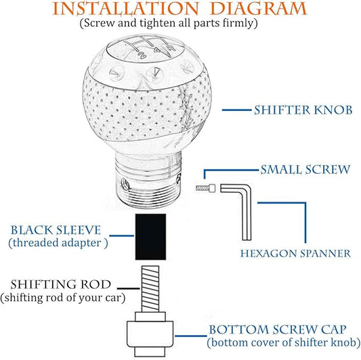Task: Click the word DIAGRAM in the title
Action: click(x=259, y=9)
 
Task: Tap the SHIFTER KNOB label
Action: click(x=303, y=110)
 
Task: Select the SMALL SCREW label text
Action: click(x=305, y=170)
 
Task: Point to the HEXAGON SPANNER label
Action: click(x=295, y=254)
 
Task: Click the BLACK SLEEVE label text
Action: click(x=56, y=230)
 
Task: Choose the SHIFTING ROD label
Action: click(x=61, y=284)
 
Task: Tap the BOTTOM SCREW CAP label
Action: click(x=278, y=330)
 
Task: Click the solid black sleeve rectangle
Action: click(x=150, y=237)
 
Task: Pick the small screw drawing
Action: click(x=206, y=188)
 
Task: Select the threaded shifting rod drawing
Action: click(x=150, y=289)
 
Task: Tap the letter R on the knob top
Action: click(x=171, y=48)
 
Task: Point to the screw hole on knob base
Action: click(x=125, y=184)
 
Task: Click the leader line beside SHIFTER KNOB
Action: click(x=237, y=110)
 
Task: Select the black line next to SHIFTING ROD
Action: click(x=128, y=288)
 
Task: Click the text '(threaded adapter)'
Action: click(x=58, y=243)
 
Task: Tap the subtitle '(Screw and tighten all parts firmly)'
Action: click(x=169, y=23)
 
